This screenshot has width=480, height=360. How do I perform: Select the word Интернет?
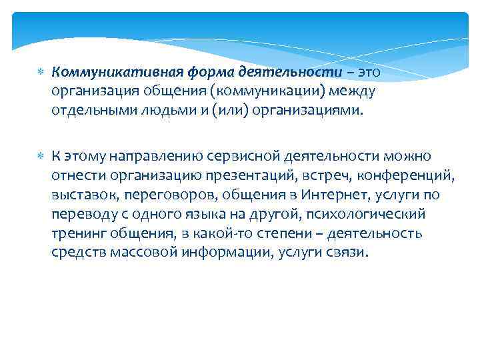click(x=332, y=195)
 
